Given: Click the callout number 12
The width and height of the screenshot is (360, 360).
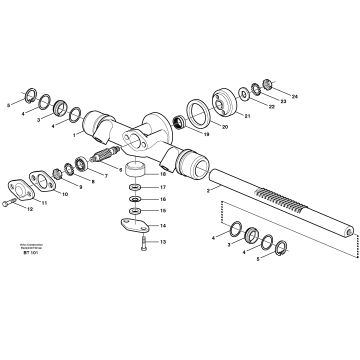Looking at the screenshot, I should click(30, 209).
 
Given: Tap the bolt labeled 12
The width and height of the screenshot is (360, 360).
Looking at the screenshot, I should click(10, 204).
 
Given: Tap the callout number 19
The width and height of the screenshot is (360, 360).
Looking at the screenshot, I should click(208, 132).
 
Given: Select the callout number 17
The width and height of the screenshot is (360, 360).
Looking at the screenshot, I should click(163, 187).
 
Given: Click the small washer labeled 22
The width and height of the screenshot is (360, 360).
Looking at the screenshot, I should click(258, 91).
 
